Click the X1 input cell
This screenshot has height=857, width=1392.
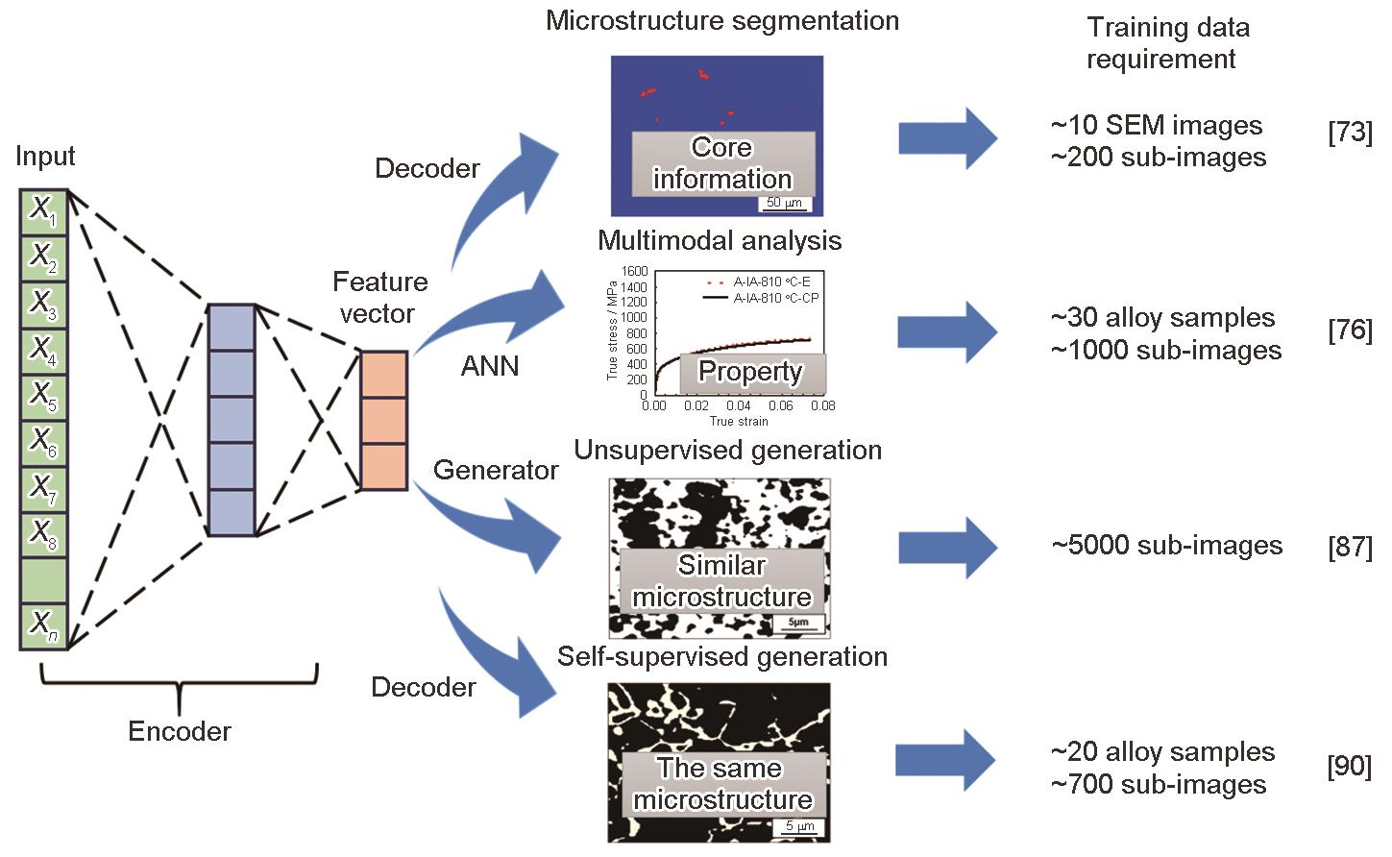[x=43, y=212]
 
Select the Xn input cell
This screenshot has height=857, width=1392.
[x=43, y=626]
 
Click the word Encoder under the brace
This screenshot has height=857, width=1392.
[x=180, y=731]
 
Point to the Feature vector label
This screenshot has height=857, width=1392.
[x=379, y=298]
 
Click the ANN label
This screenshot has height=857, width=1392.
[x=490, y=366]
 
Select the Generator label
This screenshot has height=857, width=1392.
[x=496, y=470]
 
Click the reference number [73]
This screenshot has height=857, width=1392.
[x=1350, y=132]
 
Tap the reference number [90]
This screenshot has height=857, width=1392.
[x=1349, y=768]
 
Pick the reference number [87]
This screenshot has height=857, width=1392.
[x=1350, y=547]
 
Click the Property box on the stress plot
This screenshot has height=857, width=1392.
[x=750, y=372]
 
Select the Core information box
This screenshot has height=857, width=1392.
[x=722, y=163]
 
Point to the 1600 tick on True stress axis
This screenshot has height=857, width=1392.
[x=636, y=272]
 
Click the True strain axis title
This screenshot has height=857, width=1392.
[x=739, y=421]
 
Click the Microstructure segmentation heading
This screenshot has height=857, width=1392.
[x=722, y=21]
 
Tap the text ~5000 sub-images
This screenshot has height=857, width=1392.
[x=1167, y=546]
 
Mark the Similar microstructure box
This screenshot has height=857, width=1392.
[x=721, y=580]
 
